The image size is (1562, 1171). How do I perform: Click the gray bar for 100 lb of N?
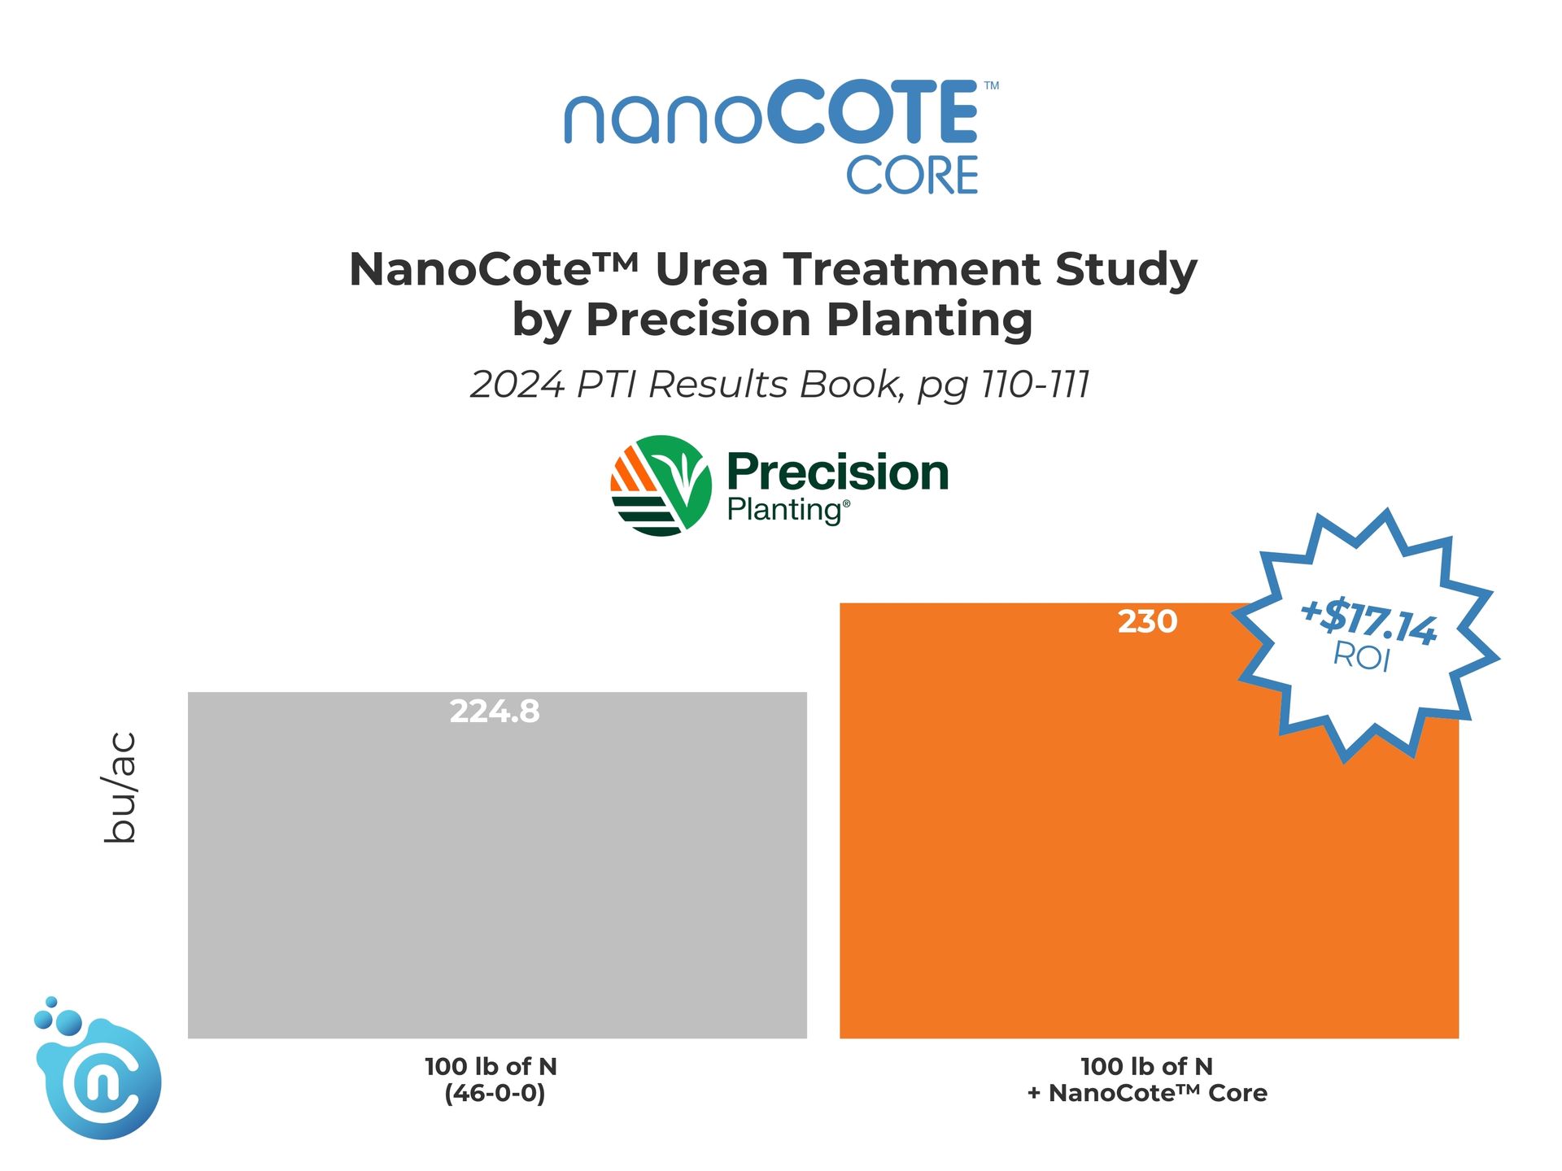(x=497, y=864)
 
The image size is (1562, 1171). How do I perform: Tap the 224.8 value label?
(x=495, y=712)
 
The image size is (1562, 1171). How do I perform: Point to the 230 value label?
(x=1147, y=621)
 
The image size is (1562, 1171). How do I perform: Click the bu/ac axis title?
(x=120, y=787)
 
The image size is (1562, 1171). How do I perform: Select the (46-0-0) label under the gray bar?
(x=495, y=1093)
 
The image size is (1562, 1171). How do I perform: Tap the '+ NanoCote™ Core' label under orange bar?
(x=1147, y=1093)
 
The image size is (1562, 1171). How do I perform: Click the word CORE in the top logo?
(x=912, y=176)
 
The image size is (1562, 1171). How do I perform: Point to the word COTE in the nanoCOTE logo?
(x=872, y=112)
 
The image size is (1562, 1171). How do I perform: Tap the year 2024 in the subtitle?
(x=517, y=385)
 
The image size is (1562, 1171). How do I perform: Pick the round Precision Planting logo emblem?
(x=661, y=485)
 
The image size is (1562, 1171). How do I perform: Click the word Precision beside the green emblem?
(x=838, y=472)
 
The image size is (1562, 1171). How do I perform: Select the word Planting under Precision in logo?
(x=785, y=511)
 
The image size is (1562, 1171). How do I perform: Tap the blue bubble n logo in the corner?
(x=97, y=1069)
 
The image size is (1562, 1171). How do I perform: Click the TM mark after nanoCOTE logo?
(x=991, y=85)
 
